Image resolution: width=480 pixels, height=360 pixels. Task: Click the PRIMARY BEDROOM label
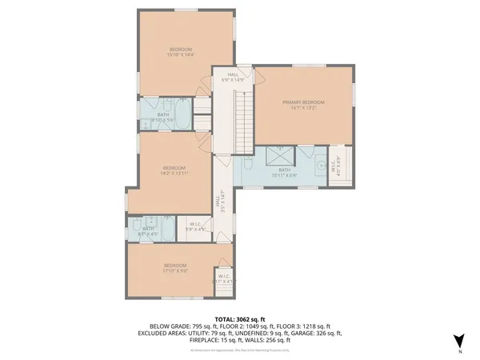click(x=303, y=102)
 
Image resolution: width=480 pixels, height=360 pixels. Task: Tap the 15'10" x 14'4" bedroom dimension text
click(x=180, y=55)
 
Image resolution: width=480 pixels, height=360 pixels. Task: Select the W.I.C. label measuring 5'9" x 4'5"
click(x=196, y=227)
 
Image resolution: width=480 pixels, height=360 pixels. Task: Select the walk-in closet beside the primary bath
click(x=338, y=166)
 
